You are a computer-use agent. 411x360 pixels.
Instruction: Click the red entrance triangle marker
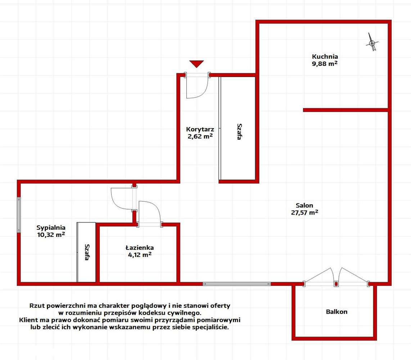(x=197, y=64)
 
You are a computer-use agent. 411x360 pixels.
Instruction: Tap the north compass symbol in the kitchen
(x=372, y=42)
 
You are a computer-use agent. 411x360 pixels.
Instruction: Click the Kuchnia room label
(x=325, y=57)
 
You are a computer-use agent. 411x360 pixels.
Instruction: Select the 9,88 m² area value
(x=325, y=63)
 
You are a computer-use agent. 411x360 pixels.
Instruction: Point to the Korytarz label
(x=200, y=129)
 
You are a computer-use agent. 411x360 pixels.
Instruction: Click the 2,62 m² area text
(x=200, y=136)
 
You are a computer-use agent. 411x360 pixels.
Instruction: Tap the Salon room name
(x=304, y=206)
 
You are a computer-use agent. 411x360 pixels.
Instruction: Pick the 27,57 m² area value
(x=304, y=213)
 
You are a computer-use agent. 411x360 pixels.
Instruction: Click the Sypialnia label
(x=51, y=228)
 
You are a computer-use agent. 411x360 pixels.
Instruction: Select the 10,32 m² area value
(x=51, y=235)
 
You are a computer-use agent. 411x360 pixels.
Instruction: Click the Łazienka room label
(x=139, y=248)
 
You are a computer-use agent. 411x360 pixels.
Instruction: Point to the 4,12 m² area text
(x=139, y=255)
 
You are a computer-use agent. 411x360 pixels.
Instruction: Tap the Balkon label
(x=337, y=312)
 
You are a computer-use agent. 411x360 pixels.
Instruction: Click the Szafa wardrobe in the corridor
(x=237, y=128)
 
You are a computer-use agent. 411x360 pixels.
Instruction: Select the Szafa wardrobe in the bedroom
(x=86, y=252)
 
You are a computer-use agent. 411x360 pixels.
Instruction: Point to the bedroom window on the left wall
(x=19, y=215)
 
